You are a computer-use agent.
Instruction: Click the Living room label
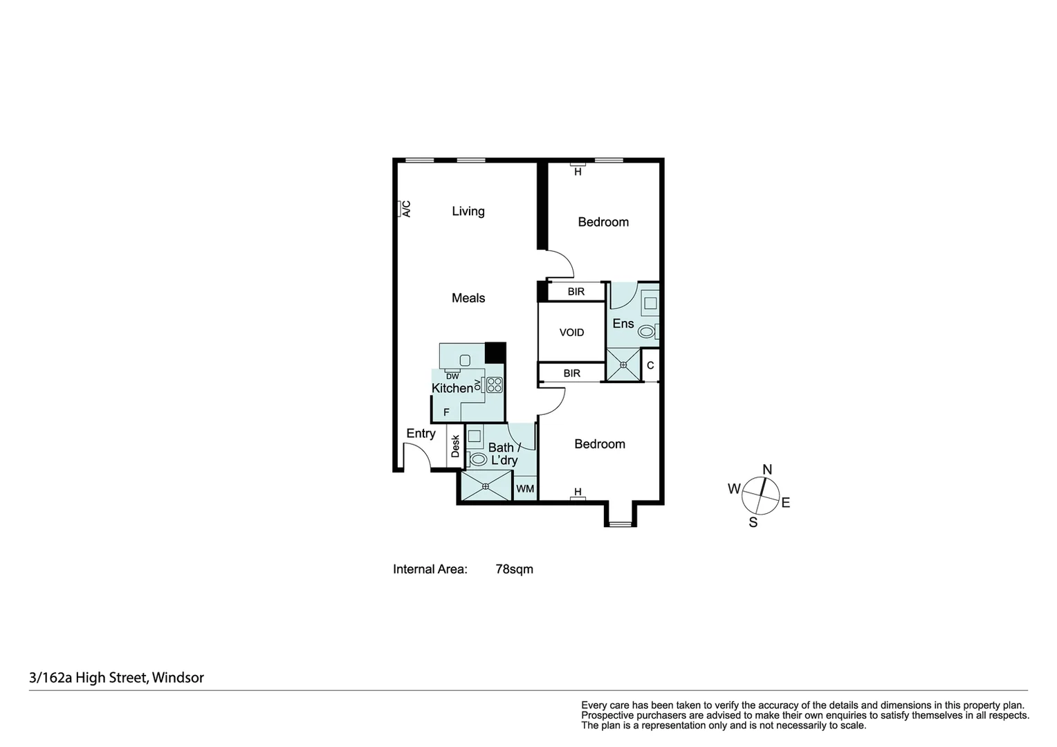[x=468, y=211]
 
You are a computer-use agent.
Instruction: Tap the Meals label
[x=468, y=297]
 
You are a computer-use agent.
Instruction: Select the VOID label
[x=571, y=333]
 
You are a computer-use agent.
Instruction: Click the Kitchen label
[x=452, y=388]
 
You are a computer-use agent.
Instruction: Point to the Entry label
[x=421, y=433]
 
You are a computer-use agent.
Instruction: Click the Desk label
[x=455, y=446]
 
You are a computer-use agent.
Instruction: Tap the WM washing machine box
[x=525, y=489]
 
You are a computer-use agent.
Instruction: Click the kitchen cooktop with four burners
[x=495, y=385]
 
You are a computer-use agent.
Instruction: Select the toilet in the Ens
[x=647, y=332]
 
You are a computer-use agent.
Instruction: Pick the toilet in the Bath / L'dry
[x=478, y=459]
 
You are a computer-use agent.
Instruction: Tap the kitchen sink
[x=465, y=361]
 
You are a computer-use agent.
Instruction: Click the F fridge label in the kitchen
[x=446, y=412]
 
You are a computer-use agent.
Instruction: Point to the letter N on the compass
[x=767, y=470]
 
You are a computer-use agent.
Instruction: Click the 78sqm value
[x=515, y=569]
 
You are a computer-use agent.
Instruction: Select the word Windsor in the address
[x=178, y=678]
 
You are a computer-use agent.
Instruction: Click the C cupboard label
[x=650, y=365]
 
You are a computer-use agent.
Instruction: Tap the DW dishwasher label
[x=452, y=376]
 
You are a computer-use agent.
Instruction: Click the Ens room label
[x=623, y=324]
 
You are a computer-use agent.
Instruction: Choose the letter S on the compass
[x=753, y=523]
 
